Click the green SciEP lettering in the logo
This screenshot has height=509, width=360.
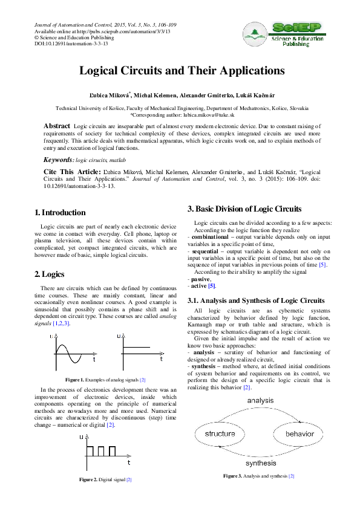[x=296, y=28]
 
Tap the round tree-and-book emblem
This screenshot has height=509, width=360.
[x=255, y=35]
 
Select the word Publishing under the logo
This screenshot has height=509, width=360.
[x=296, y=44]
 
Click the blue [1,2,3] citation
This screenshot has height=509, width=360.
[x=61, y=324]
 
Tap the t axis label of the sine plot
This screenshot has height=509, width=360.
[x=94, y=360]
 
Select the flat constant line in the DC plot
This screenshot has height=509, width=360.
[x=136, y=347]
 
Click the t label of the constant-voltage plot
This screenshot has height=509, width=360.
[x=161, y=359]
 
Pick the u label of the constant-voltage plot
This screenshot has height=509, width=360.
[x=119, y=336]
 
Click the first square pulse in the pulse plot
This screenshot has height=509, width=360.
[x=90, y=451]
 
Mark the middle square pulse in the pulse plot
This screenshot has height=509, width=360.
[x=101, y=451]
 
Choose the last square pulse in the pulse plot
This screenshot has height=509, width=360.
[x=113, y=451]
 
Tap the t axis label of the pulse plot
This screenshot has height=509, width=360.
[x=128, y=462]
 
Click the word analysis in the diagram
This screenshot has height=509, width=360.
[x=260, y=400]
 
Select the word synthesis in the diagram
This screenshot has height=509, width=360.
[x=261, y=463]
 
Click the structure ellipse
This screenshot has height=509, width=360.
[x=220, y=434]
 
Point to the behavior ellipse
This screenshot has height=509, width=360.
[x=299, y=434]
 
